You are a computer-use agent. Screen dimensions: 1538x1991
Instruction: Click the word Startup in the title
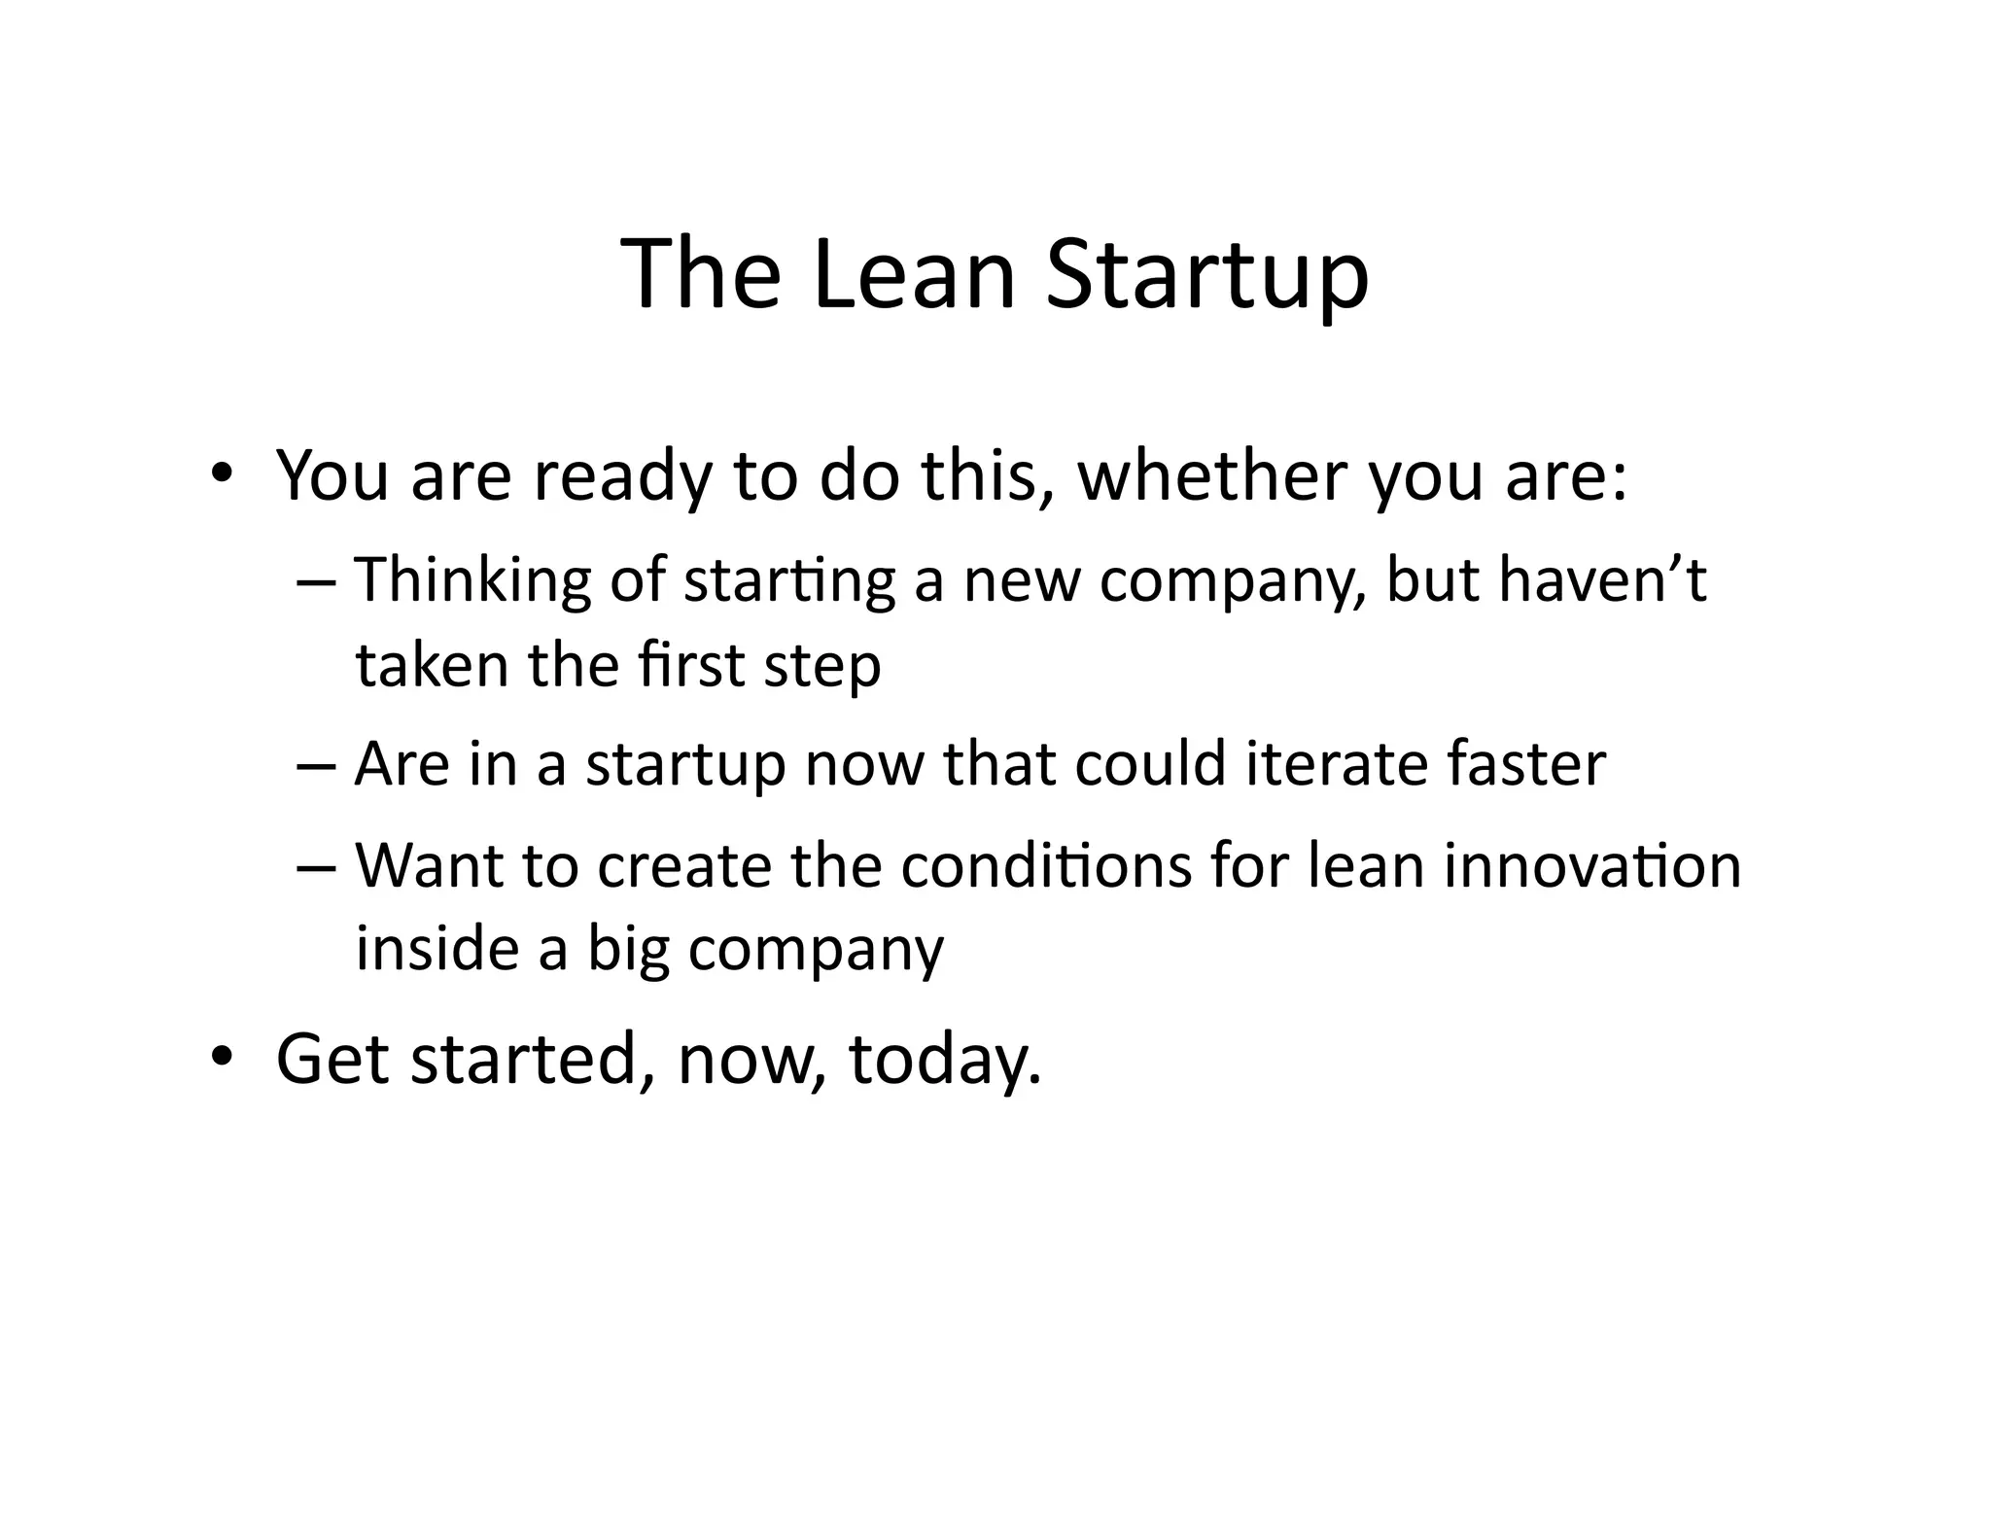tap(1207, 277)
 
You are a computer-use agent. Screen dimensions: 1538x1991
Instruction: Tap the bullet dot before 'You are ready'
tap(222, 474)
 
